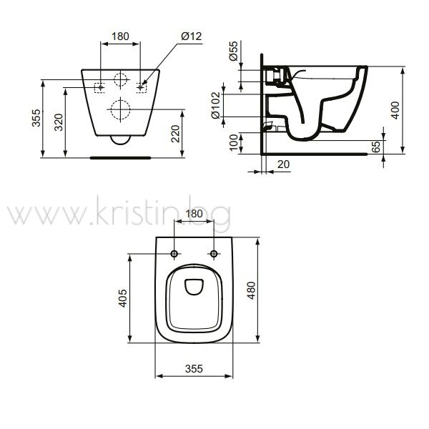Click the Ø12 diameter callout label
pos(191,36)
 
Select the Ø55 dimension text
pos(234,51)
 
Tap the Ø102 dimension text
pos(216,105)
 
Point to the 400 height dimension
pos(395,110)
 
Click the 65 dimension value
pos(376,147)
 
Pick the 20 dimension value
pos(283,164)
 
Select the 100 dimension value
pos(234,142)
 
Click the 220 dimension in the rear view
pos(175,134)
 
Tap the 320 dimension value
pos(59,122)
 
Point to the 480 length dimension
pos(251,290)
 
